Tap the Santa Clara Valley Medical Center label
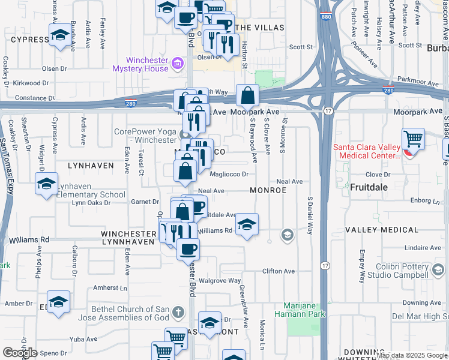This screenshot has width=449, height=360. [x=366, y=151]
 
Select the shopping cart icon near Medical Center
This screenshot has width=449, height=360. [x=413, y=140]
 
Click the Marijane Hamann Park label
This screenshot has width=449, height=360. [x=300, y=309]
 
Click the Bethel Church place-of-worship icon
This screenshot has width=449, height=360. [x=178, y=313]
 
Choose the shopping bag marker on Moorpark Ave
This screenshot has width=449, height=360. [x=247, y=95]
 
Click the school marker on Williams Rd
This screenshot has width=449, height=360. [x=246, y=225]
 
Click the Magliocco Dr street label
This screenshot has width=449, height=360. [x=228, y=175]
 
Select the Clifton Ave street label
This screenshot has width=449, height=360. [x=278, y=271]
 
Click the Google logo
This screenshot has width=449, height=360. [x=20, y=353]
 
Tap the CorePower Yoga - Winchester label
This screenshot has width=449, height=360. [x=145, y=136]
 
